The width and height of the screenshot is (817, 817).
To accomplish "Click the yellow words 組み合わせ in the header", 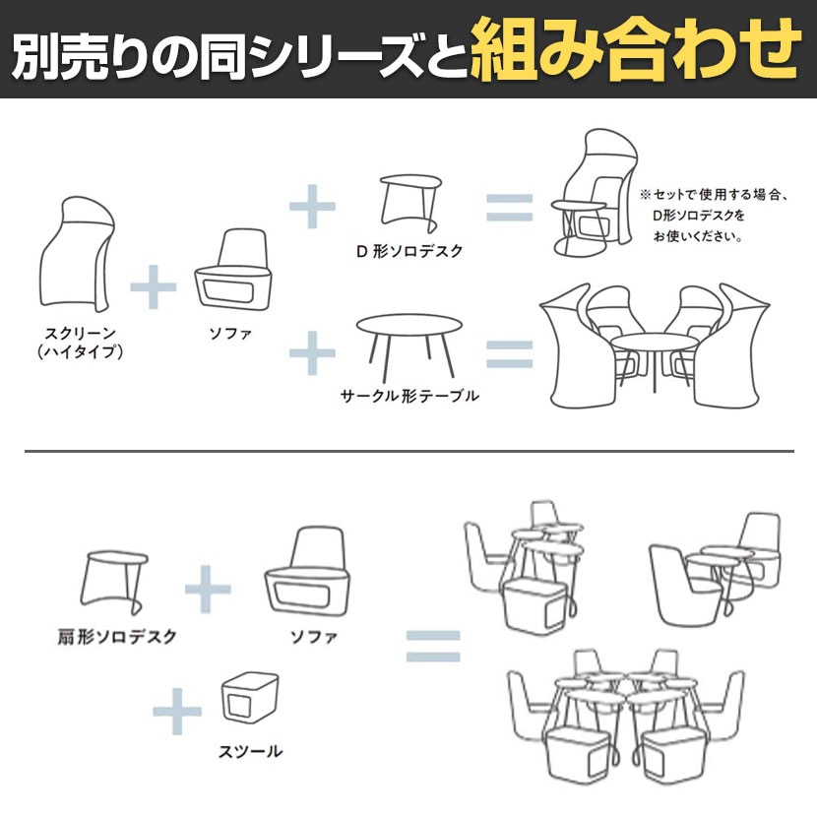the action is pos(635,49).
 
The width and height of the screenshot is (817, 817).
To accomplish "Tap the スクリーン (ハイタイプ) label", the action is pos(81,343).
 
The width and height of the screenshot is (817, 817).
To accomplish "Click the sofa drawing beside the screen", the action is pos(233,270).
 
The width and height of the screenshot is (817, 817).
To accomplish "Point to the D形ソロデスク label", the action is pos(409,251).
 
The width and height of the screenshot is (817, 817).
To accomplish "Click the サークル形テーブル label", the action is pos(409,396).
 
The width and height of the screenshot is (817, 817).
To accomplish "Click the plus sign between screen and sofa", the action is pos(154,286).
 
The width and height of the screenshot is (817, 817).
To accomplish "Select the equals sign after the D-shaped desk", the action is pos(509,207).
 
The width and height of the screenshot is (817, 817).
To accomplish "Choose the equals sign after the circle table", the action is pos(509,354).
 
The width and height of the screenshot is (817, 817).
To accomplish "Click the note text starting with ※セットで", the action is pos(714,216).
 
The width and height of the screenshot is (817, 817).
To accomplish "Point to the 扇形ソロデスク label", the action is pos(117,637).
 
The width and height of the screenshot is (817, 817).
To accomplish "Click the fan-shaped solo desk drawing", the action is pos(114,582).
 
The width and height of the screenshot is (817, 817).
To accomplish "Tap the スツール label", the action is pos(250,751).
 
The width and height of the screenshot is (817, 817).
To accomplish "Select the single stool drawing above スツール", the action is pos(250,698).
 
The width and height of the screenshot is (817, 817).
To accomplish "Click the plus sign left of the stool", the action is pos(176,712).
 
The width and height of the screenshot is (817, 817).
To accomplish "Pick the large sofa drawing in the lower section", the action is pos(307,572).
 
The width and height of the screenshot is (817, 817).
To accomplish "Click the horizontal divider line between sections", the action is pos(409,451).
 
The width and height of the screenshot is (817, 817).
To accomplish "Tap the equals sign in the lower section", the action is pos(433,646).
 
